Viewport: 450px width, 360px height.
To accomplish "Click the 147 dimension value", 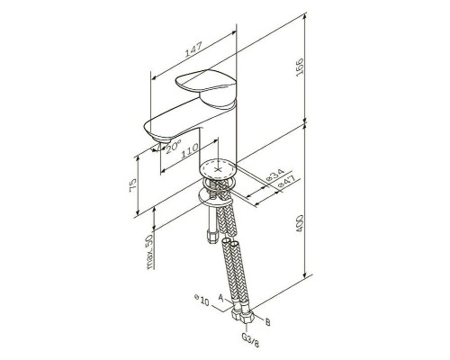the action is [193, 49].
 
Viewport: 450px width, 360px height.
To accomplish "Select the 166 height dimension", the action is [300, 67].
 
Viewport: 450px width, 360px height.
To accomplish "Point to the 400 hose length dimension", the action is [300, 224].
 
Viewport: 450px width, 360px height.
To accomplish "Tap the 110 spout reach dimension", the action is [189, 150].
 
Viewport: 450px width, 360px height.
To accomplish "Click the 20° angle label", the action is [174, 147].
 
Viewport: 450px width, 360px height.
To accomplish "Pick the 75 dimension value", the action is [133, 185].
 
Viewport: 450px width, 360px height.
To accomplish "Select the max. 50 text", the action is [149, 251].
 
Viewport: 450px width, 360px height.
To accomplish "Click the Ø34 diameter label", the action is [275, 175].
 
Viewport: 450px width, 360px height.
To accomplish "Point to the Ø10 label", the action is [202, 301].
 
